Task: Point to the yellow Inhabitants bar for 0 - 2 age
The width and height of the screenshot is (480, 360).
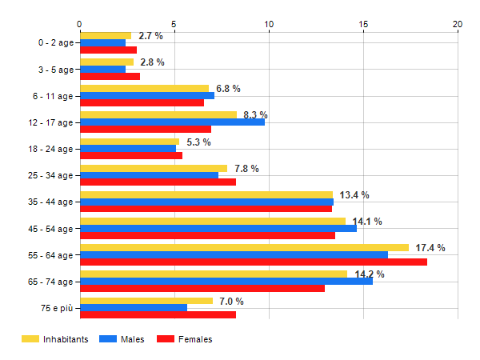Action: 105,35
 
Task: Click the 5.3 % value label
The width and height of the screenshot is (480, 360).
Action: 198,142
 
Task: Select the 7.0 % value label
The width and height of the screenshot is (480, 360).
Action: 231,301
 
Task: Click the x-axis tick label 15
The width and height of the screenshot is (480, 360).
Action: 363,23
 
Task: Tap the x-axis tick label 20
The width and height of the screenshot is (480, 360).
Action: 458,23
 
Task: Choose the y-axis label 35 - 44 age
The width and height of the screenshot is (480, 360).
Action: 50,202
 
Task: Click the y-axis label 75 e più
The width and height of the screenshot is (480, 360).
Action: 56,307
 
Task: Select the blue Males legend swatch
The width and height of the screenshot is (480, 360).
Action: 107,339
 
